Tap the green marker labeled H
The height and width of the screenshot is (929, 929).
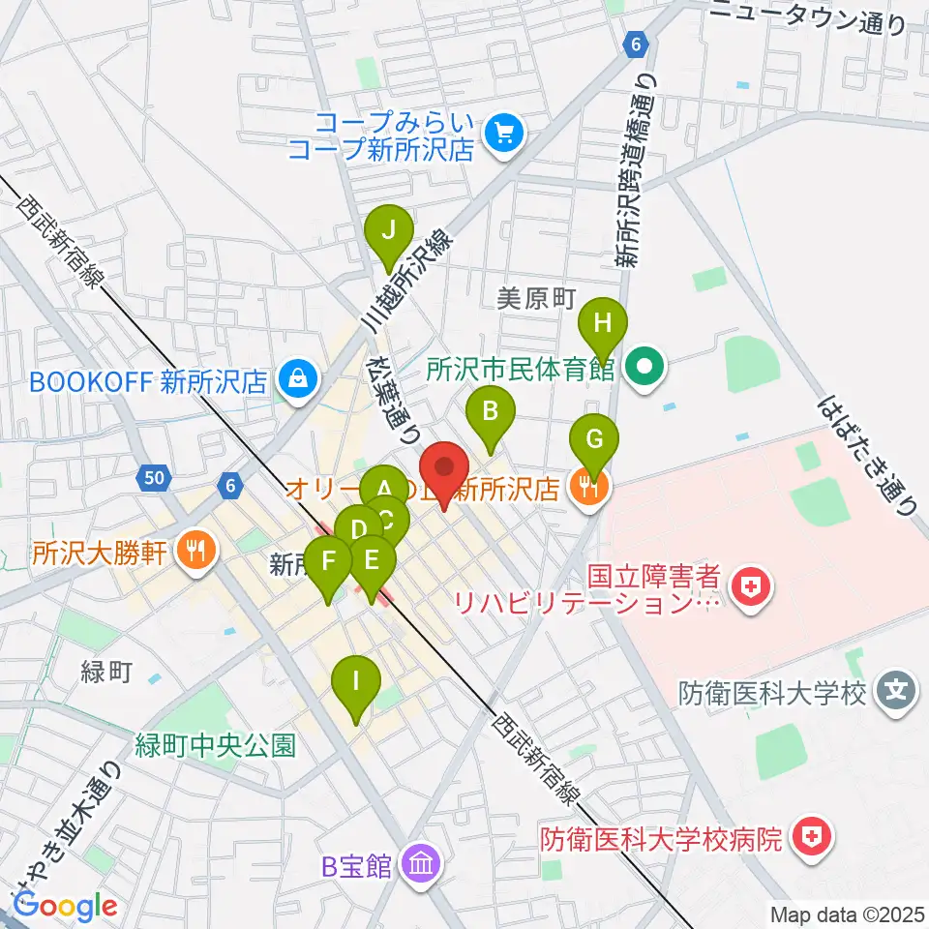click(603, 322)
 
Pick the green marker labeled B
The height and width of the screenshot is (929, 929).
click(491, 413)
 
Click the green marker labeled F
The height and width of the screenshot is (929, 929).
click(328, 561)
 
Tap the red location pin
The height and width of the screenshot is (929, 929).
click(445, 471)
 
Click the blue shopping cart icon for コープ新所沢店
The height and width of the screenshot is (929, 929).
click(503, 135)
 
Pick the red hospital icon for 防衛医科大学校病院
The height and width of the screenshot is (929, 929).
click(809, 838)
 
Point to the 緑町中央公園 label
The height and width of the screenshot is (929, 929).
click(215, 745)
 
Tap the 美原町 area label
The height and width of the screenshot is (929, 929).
click(536, 299)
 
